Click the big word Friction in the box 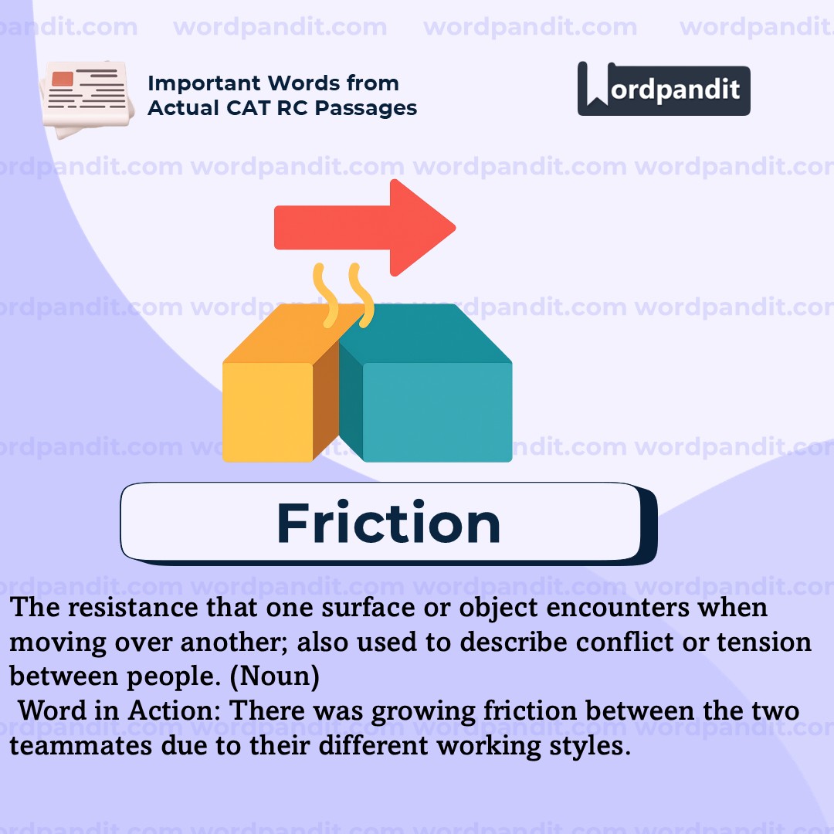[x=388, y=524]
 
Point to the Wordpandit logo [x=663, y=90]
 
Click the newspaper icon [x=83, y=98]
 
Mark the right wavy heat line [x=361, y=295]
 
